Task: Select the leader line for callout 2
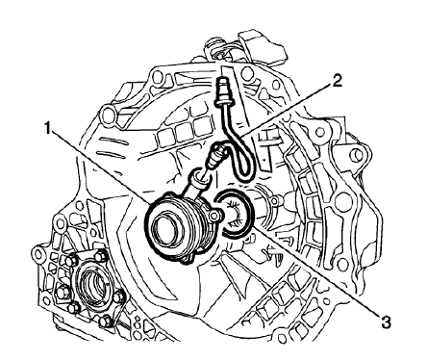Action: (289, 116)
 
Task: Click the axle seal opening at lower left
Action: (97, 289)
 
